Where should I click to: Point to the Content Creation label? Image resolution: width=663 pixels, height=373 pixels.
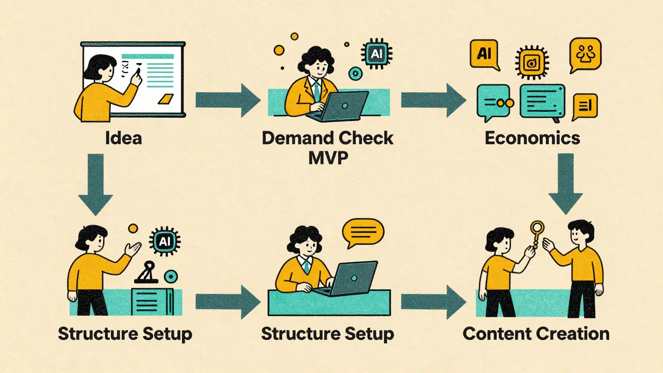(x=536, y=333)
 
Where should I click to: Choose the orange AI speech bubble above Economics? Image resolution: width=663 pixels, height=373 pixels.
(x=484, y=55)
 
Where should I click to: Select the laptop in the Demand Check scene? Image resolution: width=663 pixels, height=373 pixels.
(x=344, y=105)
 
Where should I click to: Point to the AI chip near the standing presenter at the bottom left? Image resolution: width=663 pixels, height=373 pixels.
(x=161, y=241)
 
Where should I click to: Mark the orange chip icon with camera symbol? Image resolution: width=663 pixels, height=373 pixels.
(x=531, y=63)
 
